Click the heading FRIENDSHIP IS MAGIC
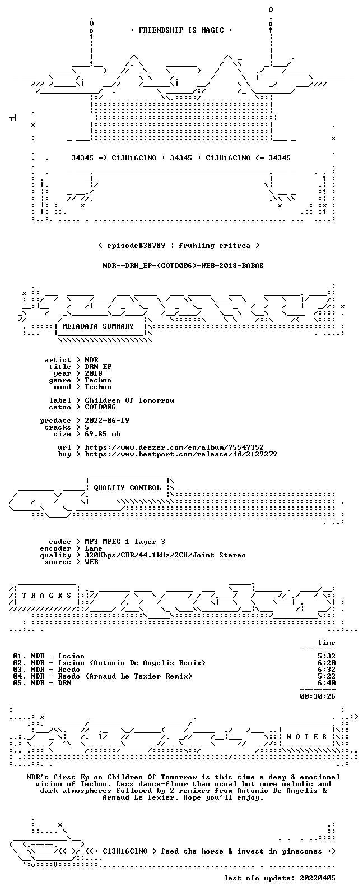182,30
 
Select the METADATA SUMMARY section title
98,326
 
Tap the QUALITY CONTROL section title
127,487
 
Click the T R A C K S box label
46,596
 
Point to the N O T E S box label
306,736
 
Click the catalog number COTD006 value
100,407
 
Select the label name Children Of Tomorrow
129,400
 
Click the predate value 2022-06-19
107,421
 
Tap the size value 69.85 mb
103,434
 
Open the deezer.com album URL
174,447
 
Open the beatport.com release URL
181,454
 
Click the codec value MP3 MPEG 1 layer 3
125,542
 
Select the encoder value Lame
94,548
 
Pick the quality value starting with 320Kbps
165,555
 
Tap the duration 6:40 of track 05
327,683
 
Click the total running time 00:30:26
318,696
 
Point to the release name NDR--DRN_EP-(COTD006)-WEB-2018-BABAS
183,266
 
